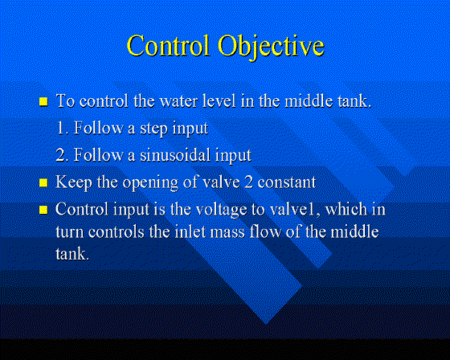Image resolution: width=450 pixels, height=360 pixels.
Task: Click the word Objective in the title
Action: [271, 47]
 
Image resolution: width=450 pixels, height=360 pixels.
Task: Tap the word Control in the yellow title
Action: [168, 45]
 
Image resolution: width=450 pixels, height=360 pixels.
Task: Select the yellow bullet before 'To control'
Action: [43, 101]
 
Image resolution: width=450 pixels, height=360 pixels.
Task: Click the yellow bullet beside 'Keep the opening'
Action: [43, 183]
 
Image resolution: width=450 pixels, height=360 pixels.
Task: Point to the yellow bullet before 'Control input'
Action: [43, 210]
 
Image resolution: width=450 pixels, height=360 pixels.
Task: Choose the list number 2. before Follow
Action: [63, 155]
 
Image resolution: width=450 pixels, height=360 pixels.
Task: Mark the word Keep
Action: [73, 183]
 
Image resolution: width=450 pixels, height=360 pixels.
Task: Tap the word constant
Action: [286, 183]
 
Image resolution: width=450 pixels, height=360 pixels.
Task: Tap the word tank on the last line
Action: [72, 254]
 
